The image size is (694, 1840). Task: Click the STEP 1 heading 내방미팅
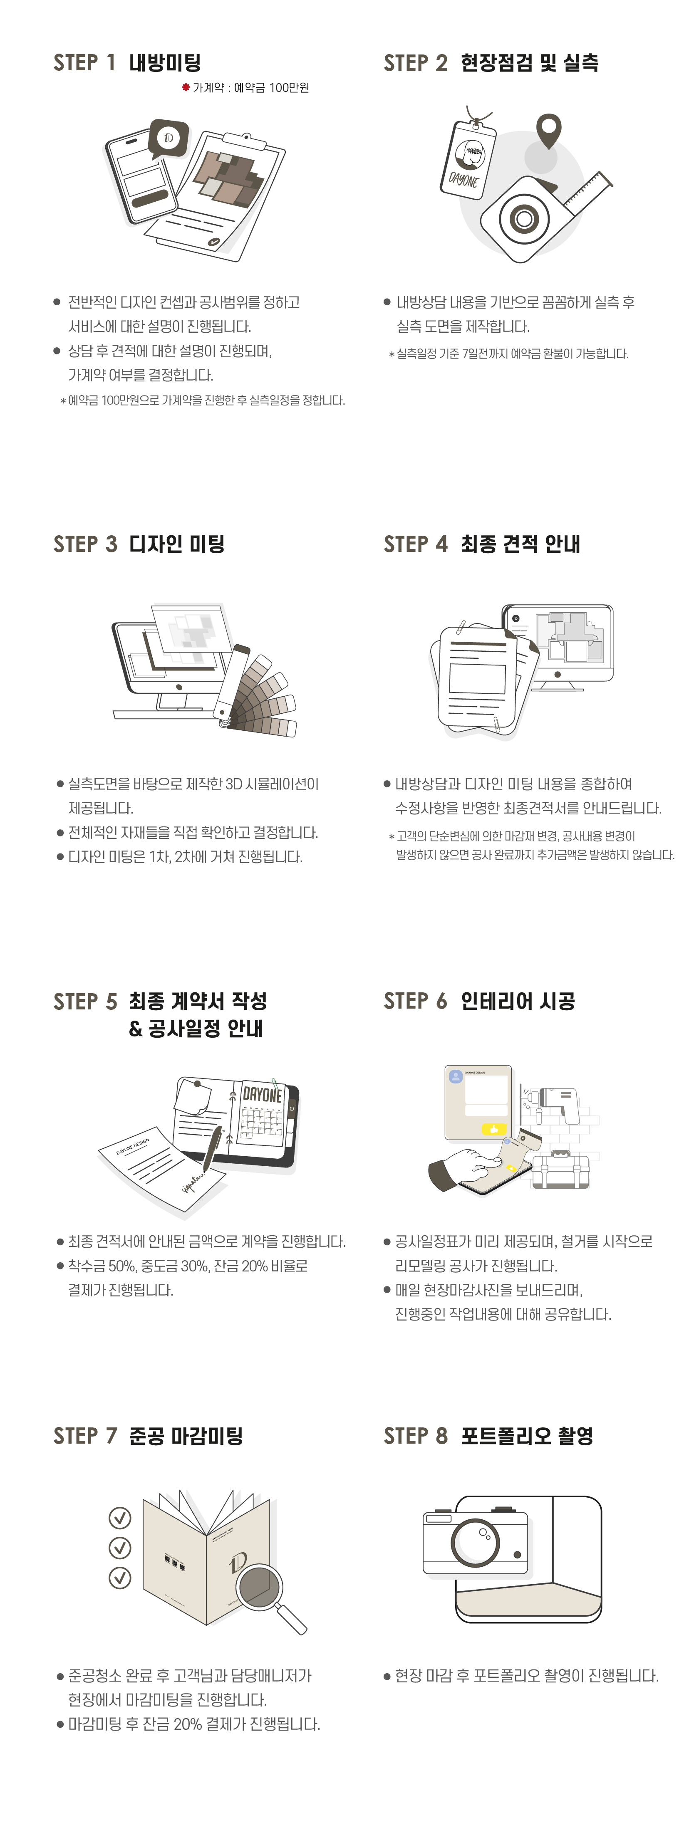(164, 63)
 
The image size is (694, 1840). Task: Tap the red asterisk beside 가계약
(186, 87)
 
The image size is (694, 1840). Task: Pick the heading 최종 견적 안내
(520, 544)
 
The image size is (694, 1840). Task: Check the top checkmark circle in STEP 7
(119, 1517)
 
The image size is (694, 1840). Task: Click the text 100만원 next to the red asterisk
(290, 87)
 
